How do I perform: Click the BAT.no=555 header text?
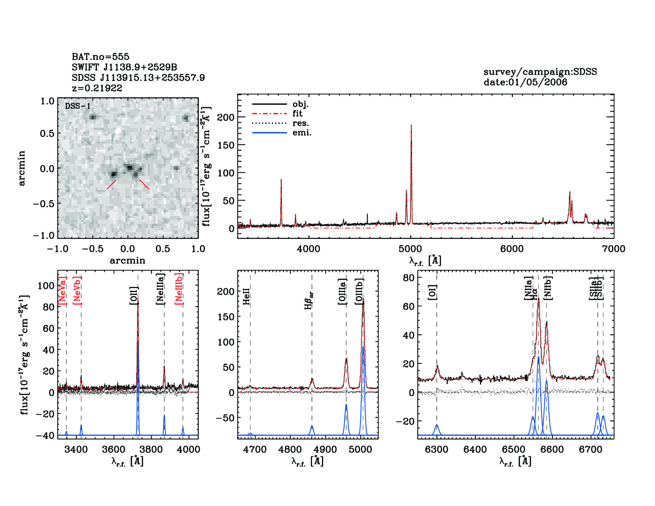click(100, 57)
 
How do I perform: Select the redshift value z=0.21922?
click(97, 88)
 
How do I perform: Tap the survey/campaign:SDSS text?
click(540, 72)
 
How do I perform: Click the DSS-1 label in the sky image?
click(78, 106)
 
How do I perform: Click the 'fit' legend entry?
click(297, 114)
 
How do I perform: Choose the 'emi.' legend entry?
click(302, 133)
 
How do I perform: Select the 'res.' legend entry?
click(301, 123)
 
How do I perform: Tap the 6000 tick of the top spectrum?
click(512, 249)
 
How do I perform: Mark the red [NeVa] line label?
click(62, 291)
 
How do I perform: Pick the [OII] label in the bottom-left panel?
click(134, 296)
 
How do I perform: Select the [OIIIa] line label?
click(342, 292)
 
